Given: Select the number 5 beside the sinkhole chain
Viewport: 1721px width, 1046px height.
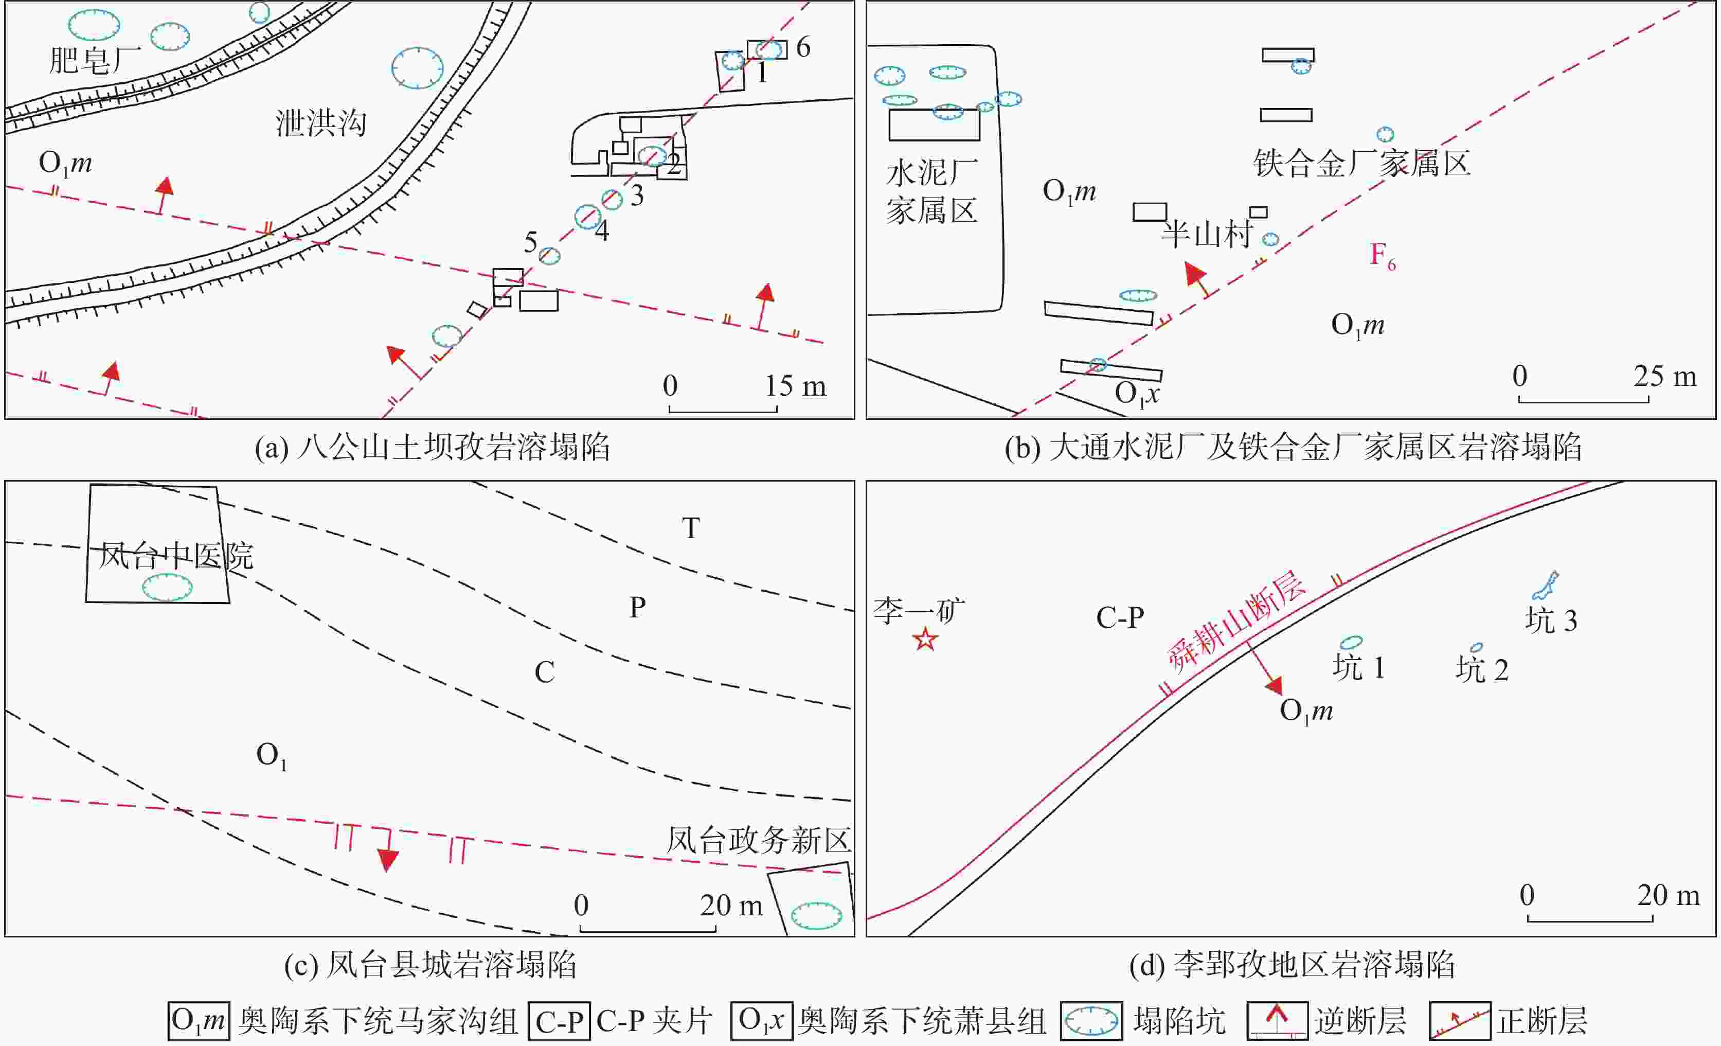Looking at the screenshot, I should [531, 242].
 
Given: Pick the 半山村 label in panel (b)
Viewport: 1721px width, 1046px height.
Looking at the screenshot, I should [1206, 234].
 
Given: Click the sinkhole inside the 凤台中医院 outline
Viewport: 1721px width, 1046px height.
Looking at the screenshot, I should [168, 587].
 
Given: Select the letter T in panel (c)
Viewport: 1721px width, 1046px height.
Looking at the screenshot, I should [691, 528].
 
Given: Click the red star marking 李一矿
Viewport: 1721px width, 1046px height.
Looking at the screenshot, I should [925, 639].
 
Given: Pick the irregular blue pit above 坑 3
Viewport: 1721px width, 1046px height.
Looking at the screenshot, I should [1545, 586].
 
